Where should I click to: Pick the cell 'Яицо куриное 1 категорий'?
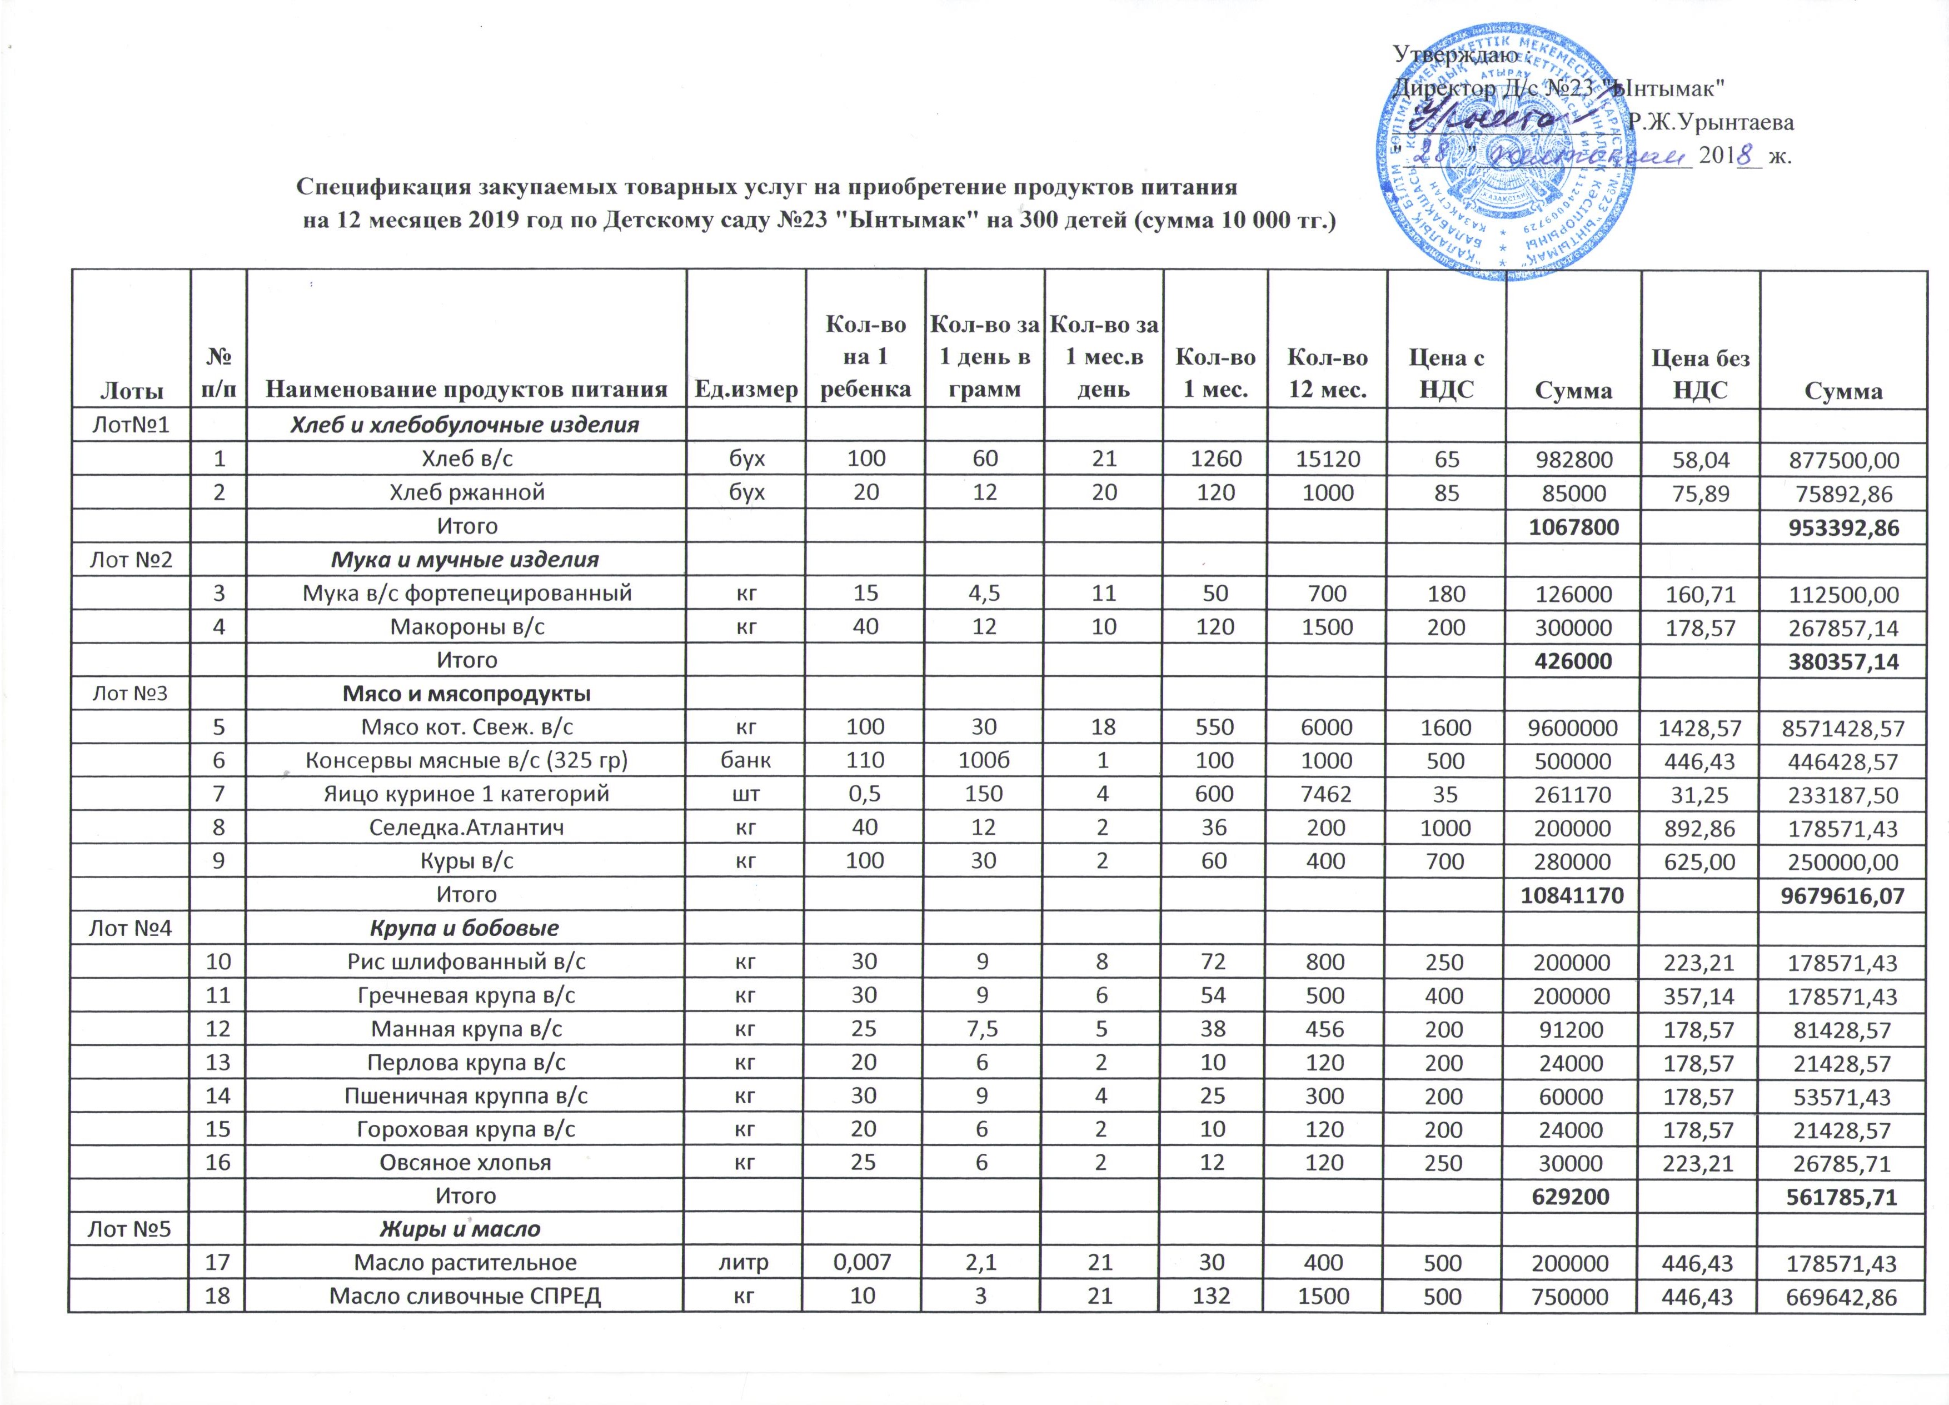(467, 794)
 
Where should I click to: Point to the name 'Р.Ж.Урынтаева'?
(1710, 122)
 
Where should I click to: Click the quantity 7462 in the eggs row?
(1328, 794)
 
